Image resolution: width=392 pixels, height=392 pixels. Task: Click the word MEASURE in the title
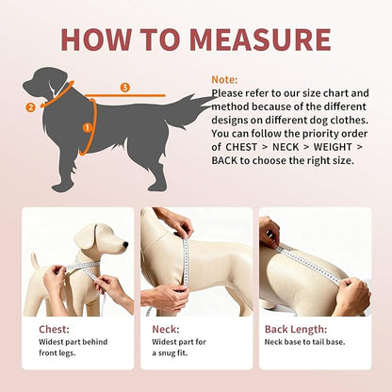[x=260, y=39]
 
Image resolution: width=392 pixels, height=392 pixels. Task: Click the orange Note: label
[x=224, y=80]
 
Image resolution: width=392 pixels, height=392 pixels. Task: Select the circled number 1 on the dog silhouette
[x=89, y=126]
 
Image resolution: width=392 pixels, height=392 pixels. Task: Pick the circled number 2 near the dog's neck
[x=30, y=106]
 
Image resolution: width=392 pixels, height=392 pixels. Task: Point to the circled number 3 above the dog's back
[x=124, y=88]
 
